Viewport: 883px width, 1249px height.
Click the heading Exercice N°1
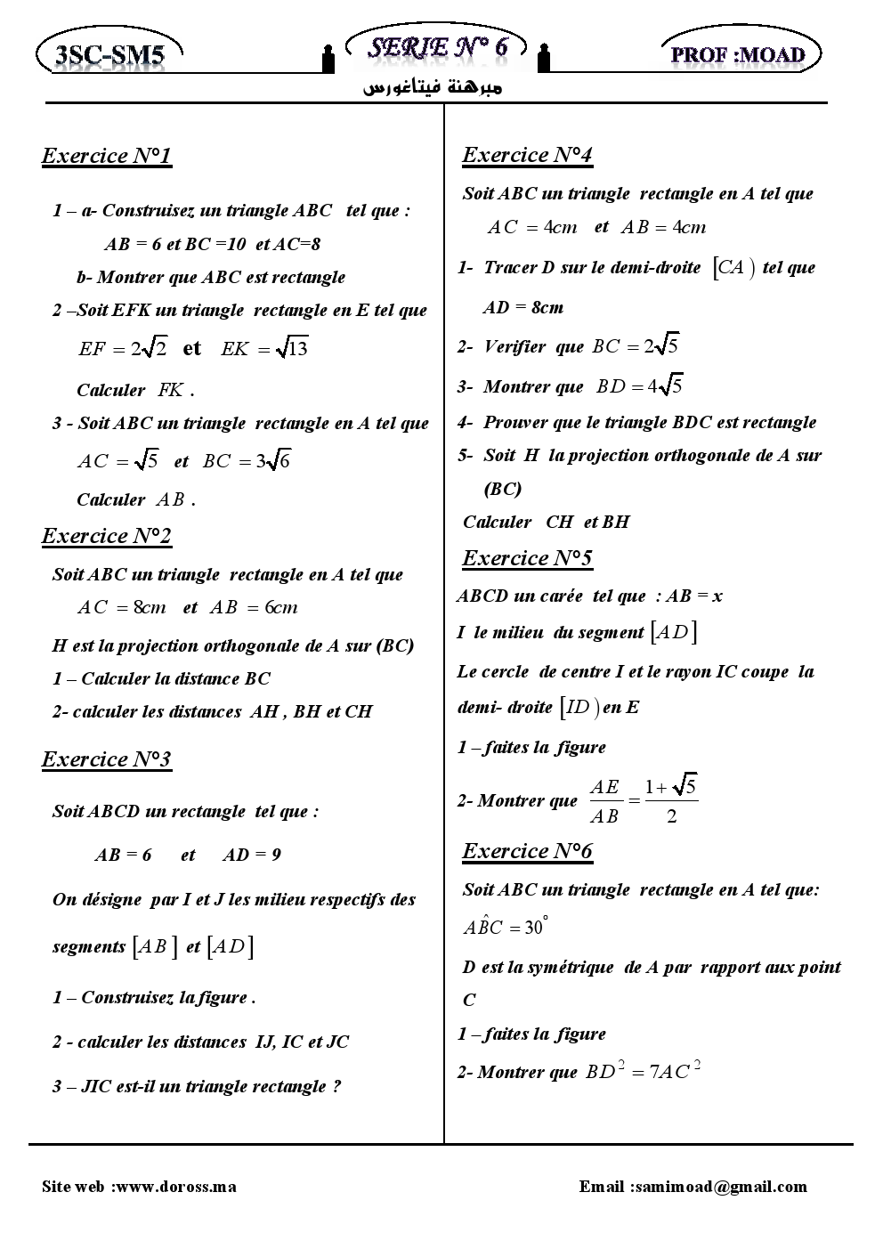(107, 157)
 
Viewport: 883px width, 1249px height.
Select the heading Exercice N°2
(107, 536)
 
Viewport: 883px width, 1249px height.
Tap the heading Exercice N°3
(107, 759)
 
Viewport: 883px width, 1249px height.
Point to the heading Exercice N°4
(527, 156)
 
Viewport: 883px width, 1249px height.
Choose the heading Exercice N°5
(527, 558)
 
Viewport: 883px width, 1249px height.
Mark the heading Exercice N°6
(527, 852)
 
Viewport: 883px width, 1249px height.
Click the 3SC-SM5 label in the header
(109, 55)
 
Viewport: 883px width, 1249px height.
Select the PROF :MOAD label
(738, 54)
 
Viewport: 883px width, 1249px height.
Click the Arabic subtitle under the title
(433, 88)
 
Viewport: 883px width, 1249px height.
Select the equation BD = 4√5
(639, 386)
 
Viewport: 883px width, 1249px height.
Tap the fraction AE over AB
(604, 800)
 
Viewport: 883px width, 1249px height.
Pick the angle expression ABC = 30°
(505, 927)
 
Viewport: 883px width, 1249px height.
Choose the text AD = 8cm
(523, 308)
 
